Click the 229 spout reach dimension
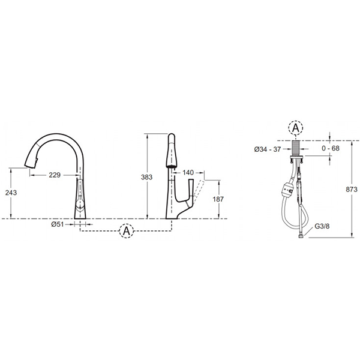pyautogui.click(x=55, y=175)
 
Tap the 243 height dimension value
pyautogui.click(x=11, y=193)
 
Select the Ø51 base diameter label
pyautogui.click(x=58, y=224)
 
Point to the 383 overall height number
pyautogui.click(x=147, y=177)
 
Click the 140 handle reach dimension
pyautogui.click(x=188, y=172)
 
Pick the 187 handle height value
pyautogui.click(x=218, y=199)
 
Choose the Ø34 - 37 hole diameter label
pyautogui.click(x=268, y=149)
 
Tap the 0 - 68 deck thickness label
pyautogui.click(x=331, y=148)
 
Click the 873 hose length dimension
pyautogui.click(x=352, y=189)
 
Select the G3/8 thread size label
pyautogui.click(x=322, y=226)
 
